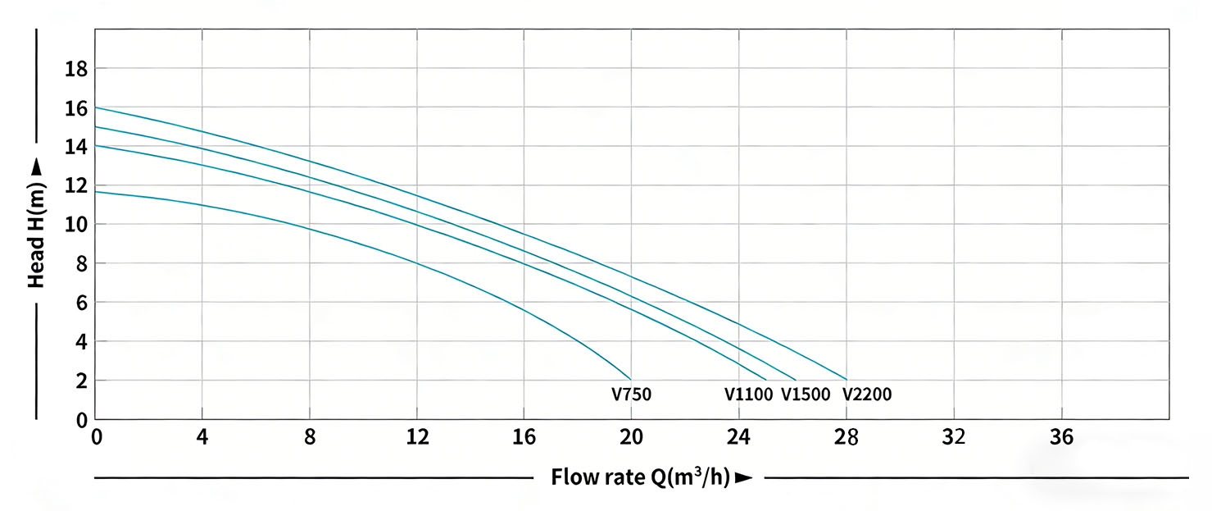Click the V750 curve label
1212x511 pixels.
pyautogui.click(x=631, y=395)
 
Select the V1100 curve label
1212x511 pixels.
pyautogui.click(x=748, y=395)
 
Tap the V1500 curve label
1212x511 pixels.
pyautogui.click(x=806, y=395)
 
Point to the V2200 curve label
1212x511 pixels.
pyautogui.click(x=867, y=395)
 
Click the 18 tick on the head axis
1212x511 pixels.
pyautogui.click(x=76, y=68)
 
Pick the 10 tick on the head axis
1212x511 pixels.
pyautogui.click(x=76, y=224)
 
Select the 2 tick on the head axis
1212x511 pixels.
pyautogui.click(x=81, y=381)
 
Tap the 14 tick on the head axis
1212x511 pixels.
pyautogui.click(x=76, y=146)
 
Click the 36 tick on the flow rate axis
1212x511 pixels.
pyautogui.click(x=1062, y=436)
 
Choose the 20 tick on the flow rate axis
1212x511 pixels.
pyautogui.click(x=631, y=436)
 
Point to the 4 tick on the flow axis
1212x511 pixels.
pyautogui.click(x=202, y=436)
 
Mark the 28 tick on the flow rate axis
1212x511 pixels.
pyautogui.click(x=847, y=436)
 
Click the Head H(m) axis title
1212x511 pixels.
pyautogui.click(x=37, y=224)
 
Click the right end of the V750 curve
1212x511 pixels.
pyautogui.click(x=631, y=380)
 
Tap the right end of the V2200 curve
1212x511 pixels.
pyautogui.click(x=847, y=380)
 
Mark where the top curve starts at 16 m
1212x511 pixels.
pyautogui.click(x=96, y=107)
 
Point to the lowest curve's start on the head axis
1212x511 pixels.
pyautogui.click(x=96, y=192)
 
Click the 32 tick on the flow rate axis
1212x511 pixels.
pyautogui.click(x=955, y=436)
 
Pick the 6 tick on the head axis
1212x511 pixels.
pyautogui.click(x=81, y=303)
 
